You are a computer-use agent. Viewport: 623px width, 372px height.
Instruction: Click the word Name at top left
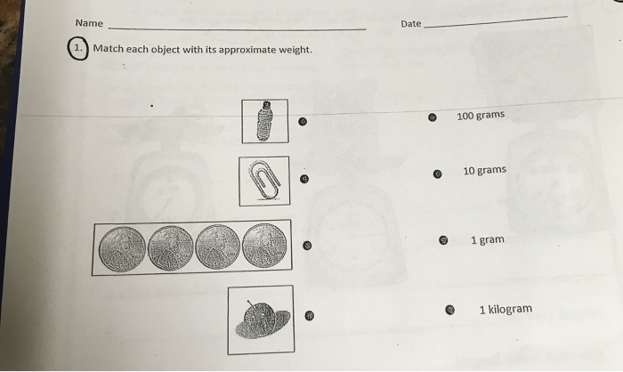coord(89,23)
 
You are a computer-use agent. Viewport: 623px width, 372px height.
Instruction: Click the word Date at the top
coord(410,24)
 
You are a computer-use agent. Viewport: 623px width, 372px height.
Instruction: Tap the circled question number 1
coord(79,49)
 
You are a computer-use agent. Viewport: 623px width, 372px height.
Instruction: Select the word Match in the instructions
coord(109,49)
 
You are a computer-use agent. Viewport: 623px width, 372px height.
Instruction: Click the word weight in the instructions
coord(292,49)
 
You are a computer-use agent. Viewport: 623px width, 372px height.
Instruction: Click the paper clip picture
coord(263,181)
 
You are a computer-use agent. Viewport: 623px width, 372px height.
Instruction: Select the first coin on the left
coord(121,247)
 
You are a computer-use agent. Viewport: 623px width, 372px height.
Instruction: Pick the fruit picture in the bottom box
coord(259,319)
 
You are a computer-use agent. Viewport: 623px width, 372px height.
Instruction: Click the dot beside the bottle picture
coord(303,122)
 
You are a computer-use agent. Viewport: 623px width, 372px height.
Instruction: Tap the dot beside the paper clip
coord(304,179)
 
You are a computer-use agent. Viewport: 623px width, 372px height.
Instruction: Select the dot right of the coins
coord(307,246)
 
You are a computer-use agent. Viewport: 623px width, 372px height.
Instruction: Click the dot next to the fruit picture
coord(310,315)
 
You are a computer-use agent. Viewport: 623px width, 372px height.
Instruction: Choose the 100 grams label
coord(480,116)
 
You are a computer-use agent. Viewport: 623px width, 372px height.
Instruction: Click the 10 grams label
coord(484,171)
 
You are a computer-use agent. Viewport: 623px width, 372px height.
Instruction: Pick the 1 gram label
coord(487,239)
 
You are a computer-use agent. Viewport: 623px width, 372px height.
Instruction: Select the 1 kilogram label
coord(505,310)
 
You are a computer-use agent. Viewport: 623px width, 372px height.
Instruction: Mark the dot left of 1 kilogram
coord(450,310)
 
